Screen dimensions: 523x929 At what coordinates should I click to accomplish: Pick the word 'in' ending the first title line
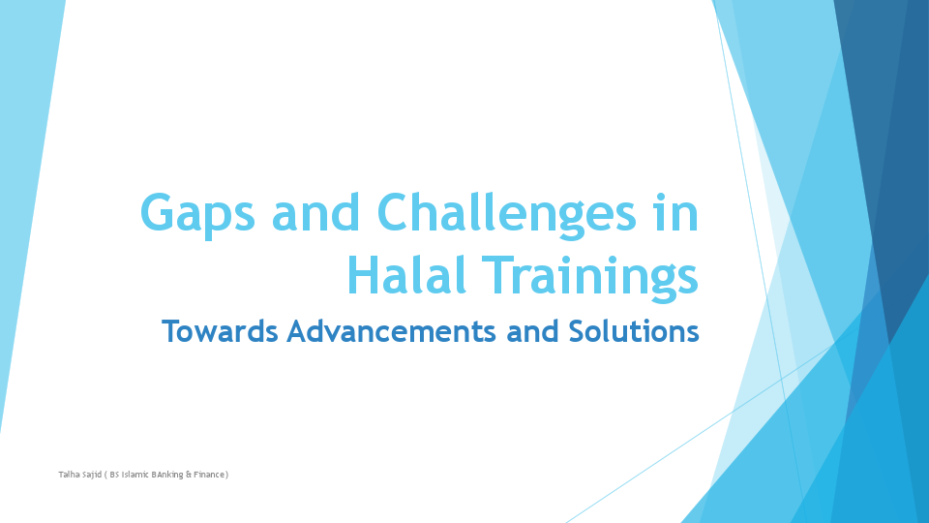[674, 212]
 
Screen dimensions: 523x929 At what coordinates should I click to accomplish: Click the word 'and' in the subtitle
[533, 331]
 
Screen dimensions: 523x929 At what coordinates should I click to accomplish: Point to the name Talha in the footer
[70, 475]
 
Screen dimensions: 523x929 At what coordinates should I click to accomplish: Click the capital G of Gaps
[158, 212]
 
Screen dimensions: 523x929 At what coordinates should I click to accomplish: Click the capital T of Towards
[172, 331]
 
